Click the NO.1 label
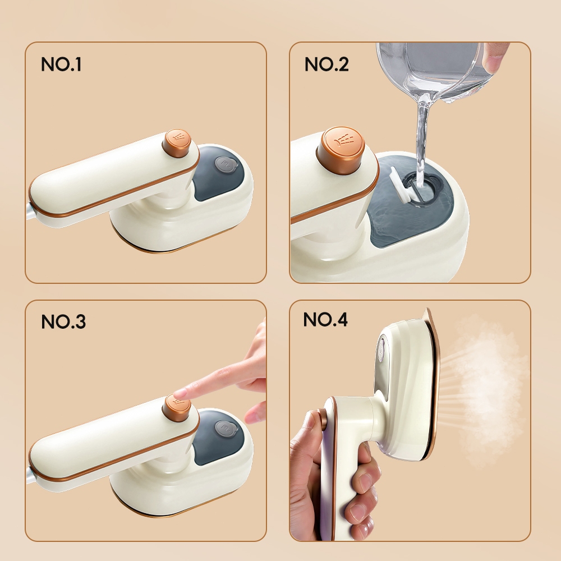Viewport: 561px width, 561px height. tap(61, 65)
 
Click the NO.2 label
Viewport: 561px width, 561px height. tap(327, 65)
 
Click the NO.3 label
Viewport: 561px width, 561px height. tap(63, 321)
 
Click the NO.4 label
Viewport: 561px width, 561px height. tap(325, 319)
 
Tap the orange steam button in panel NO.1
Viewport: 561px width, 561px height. tap(176, 142)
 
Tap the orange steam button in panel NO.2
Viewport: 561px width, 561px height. tap(341, 150)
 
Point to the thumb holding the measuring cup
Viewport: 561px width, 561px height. tap(495, 57)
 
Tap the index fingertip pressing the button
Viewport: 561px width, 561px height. tap(181, 394)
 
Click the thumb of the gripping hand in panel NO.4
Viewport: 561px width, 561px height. tap(311, 426)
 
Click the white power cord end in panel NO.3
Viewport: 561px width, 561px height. tap(31, 476)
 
